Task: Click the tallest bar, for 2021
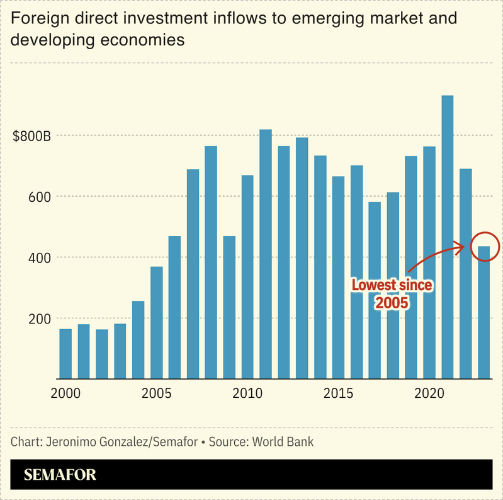tap(448, 236)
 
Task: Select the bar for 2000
tap(65, 353)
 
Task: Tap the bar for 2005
tap(157, 322)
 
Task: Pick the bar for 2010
tap(247, 277)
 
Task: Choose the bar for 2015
tap(339, 277)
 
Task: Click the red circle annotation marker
tap(484, 246)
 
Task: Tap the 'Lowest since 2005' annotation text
tap(392, 294)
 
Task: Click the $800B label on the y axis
tap(31, 136)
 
